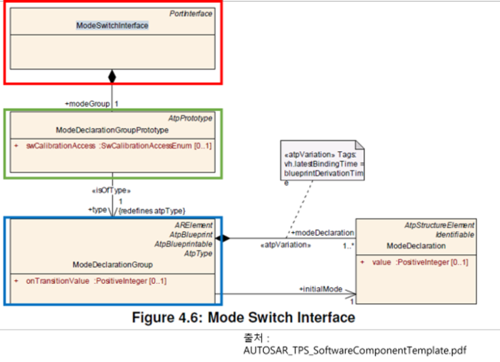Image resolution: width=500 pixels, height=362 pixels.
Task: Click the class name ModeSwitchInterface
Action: click(x=112, y=26)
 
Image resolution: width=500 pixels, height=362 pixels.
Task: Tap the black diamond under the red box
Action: click(x=112, y=77)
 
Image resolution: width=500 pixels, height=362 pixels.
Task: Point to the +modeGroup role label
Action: click(x=86, y=103)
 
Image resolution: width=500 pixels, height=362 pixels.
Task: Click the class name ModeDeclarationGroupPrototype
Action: click(x=112, y=130)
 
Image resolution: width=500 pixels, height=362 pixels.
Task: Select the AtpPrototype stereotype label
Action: click(x=191, y=117)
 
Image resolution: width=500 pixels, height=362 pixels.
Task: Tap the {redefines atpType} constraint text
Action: click(x=152, y=210)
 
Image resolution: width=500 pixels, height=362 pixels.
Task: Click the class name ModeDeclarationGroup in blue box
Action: click(x=112, y=265)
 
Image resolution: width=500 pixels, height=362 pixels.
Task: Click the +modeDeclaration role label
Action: click(x=322, y=232)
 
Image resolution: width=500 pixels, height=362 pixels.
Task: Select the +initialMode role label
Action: click(x=321, y=289)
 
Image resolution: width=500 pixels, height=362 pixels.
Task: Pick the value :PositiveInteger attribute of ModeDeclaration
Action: click(x=416, y=262)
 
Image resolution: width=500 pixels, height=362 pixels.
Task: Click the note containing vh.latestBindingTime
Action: click(x=322, y=164)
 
